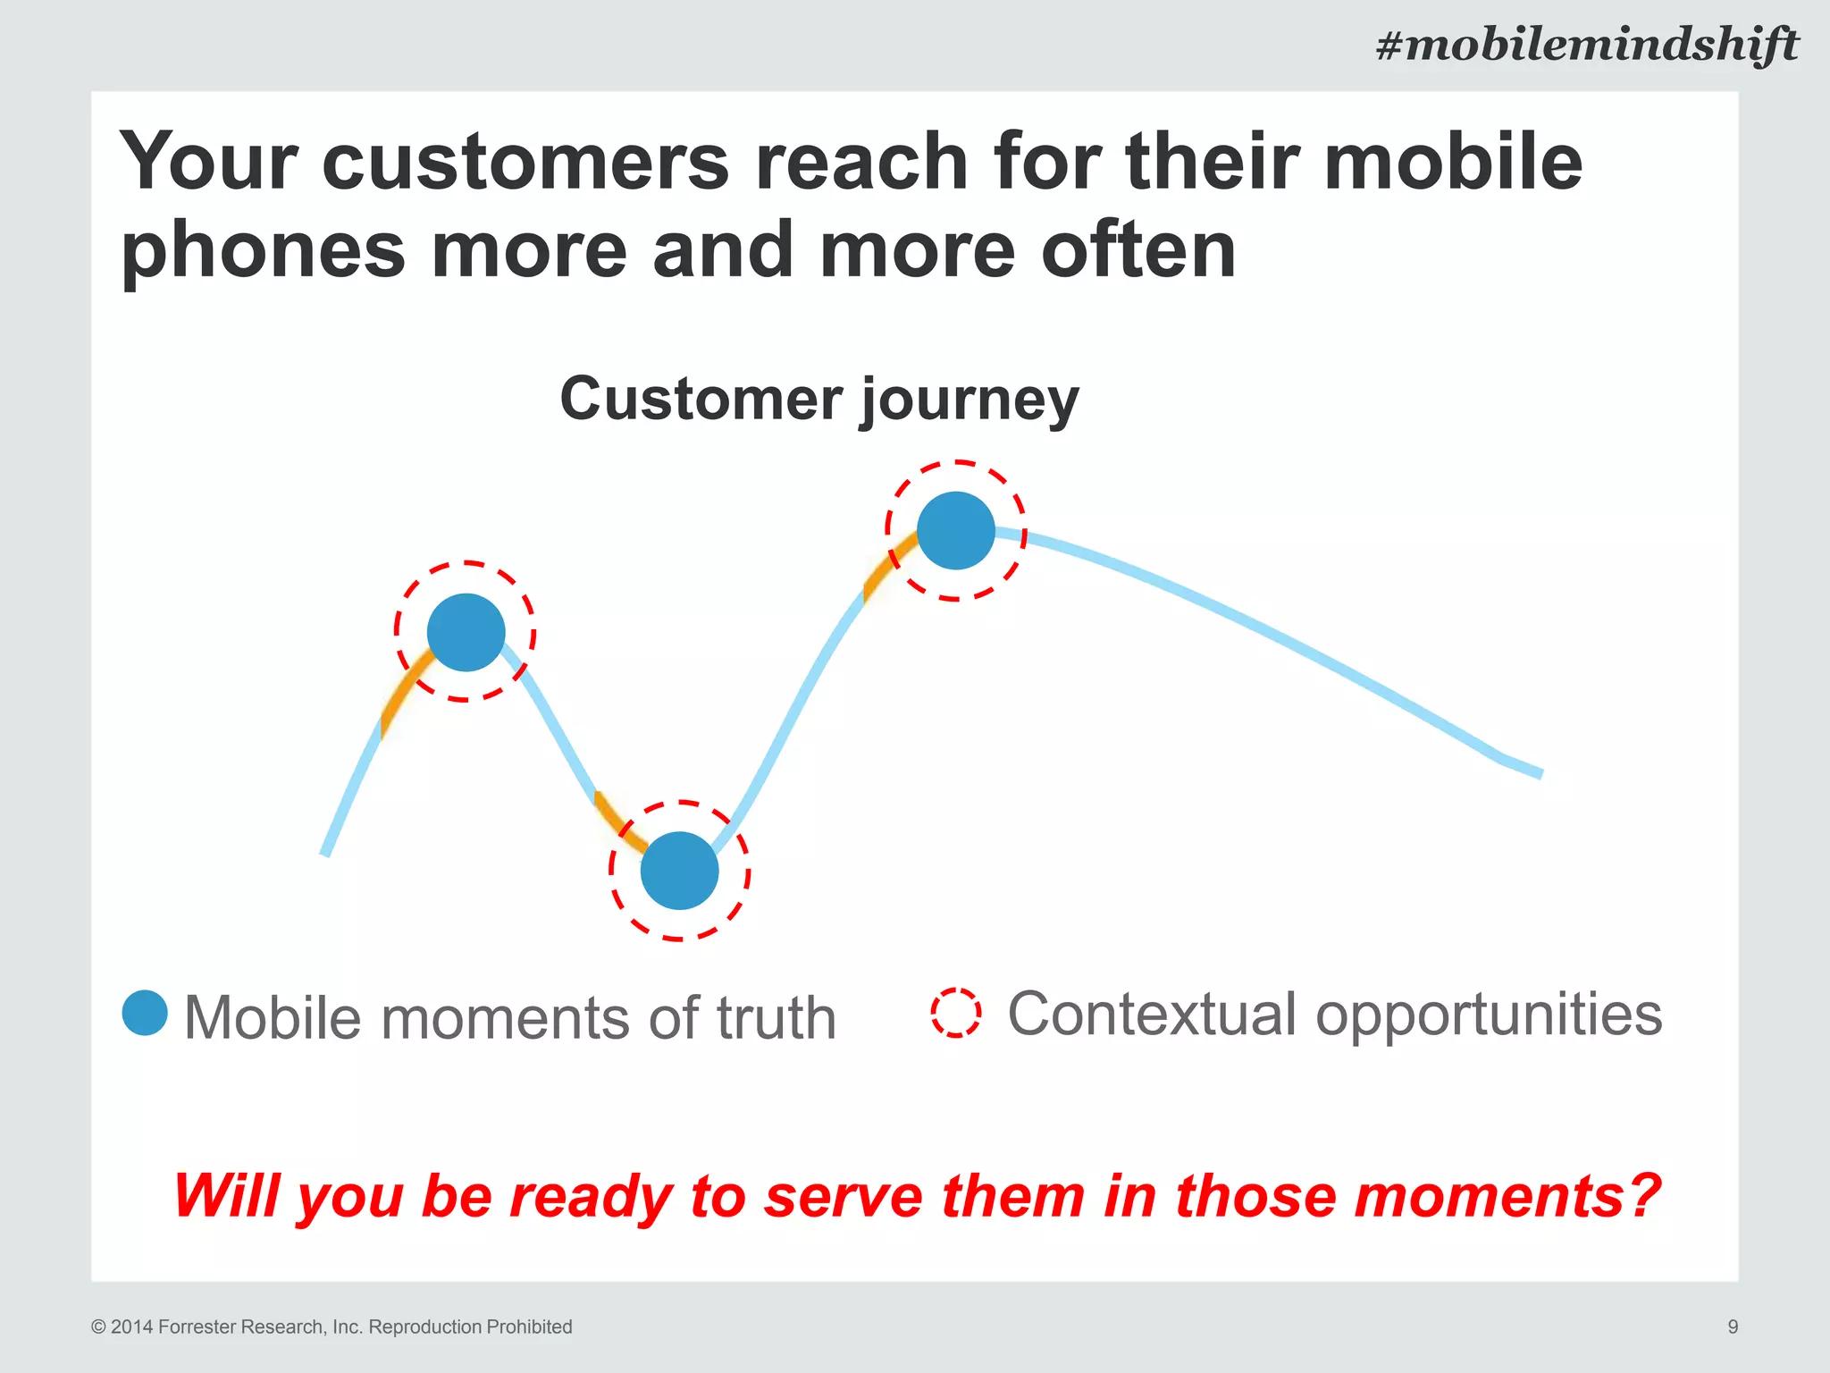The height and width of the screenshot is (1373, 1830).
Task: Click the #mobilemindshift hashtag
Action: [1587, 45]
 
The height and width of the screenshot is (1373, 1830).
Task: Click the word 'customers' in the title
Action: [525, 162]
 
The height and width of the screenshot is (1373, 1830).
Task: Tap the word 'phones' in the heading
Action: [264, 251]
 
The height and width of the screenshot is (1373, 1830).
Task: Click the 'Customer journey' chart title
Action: [819, 399]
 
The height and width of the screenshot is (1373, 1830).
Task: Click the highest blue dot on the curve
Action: [956, 531]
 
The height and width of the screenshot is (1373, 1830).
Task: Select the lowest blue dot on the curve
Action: [679, 871]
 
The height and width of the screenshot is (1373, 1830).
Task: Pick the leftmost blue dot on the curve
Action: [466, 632]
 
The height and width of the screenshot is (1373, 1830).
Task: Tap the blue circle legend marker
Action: [145, 1013]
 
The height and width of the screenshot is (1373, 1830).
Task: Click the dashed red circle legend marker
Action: [956, 1013]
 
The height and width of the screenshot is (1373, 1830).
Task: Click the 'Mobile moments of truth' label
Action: [509, 1018]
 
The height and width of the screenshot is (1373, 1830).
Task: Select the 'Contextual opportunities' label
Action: [1334, 1014]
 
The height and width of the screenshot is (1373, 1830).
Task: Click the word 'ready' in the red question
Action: [590, 1196]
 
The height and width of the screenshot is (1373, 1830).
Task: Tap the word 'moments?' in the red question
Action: [1507, 1196]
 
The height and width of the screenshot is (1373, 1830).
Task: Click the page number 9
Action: [1733, 1327]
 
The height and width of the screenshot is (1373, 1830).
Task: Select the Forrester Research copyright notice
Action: [332, 1327]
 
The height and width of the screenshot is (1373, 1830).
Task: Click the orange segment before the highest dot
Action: [885, 566]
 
